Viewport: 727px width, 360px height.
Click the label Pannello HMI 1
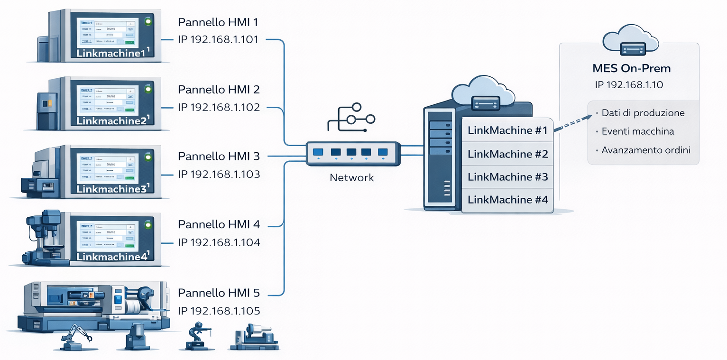click(218, 22)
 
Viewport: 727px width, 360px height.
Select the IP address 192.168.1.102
click(219, 107)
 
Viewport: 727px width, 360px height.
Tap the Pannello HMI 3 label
click(219, 156)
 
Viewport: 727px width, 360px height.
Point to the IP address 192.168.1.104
click(219, 243)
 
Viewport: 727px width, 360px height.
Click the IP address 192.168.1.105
click(219, 311)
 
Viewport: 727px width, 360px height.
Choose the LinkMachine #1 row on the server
click(507, 130)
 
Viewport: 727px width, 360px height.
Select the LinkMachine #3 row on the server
click(507, 177)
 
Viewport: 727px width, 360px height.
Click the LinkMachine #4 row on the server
click(507, 200)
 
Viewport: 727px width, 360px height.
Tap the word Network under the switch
click(351, 178)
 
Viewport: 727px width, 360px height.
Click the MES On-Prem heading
click(631, 68)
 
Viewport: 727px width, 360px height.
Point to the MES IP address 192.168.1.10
click(629, 85)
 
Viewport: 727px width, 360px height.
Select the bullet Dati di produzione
click(643, 113)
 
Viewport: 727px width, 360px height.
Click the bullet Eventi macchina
click(637, 131)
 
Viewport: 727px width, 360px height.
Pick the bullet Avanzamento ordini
click(645, 150)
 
